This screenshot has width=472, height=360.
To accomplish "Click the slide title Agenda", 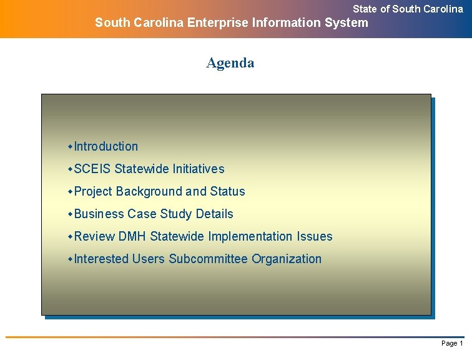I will [x=230, y=63].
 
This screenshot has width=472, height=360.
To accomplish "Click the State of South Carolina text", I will [x=408, y=9].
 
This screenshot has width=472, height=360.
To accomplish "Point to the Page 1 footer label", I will [x=452, y=344].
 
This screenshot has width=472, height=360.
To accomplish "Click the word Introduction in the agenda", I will [x=106, y=147].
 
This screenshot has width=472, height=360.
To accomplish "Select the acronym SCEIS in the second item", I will [x=92, y=169].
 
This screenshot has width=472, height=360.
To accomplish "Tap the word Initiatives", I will [x=199, y=169].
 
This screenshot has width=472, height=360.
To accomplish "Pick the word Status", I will [x=227, y=192].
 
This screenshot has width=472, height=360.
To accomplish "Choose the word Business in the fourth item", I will [x=99, y=214].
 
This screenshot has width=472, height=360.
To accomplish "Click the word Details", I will [x=214, y=214].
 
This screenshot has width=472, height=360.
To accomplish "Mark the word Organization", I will [x=287, y=259].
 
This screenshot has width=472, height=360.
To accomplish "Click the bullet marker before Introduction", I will [x=71, y=147].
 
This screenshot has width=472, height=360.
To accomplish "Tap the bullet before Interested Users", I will [x=71, y=259].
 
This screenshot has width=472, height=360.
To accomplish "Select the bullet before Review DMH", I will [x=71, y=237].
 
